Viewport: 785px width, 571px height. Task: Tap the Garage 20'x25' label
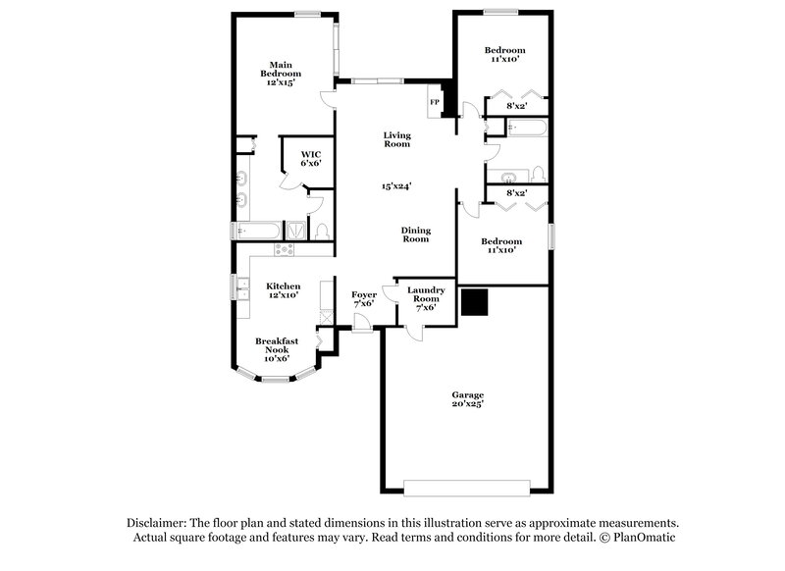(x=467, y=399)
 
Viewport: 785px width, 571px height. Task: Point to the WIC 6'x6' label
(x=311, y=159)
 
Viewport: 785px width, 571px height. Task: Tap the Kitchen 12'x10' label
(x=283, y=289)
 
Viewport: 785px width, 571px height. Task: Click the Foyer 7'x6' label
(x=363, y=298)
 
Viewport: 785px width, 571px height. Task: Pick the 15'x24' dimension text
(x=396, y=185)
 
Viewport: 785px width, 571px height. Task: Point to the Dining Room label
(x=416, y=234)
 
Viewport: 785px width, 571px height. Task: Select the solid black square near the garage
(x=476, y=303)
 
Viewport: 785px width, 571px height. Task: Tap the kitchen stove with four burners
(x=286, y=249)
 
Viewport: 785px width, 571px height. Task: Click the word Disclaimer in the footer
(x=158, y=523)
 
